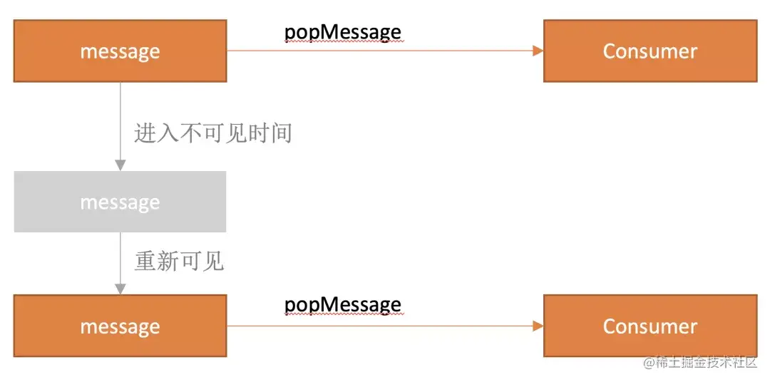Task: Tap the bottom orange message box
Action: point(120,342)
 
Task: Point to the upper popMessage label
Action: point(342,32)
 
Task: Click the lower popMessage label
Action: point(342,305)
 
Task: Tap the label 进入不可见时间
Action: point(213,133)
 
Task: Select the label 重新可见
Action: point(179,262)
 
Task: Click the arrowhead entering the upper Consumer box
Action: point(538,51)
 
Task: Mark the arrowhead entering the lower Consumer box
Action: point(538,326)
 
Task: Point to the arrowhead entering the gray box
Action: point(120,165)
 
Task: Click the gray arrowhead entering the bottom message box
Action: point(120,289)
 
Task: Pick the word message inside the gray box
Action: point(120,202)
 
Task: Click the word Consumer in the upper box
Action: point(650,51)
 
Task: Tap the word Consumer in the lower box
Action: point(650,326)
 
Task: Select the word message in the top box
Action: point(120,51)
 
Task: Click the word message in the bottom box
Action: point(120,326)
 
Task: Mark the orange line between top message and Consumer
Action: point(378,51)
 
